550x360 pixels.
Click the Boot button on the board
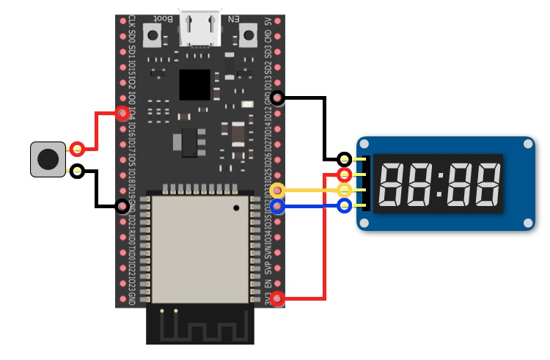pos(153,34)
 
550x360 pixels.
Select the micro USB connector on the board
pos(200,29)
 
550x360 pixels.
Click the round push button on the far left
pos(48,159)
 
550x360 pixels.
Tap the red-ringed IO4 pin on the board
pos(122,113)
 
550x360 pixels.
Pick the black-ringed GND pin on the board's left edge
pos(122,207)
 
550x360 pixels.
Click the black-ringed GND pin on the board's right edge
pos(277,98)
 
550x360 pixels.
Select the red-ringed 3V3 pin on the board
pos(277,298)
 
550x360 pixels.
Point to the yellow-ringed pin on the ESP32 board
pos(277,191)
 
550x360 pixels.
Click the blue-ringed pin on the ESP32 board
pos(277,207)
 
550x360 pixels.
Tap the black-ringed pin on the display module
pos(345,159)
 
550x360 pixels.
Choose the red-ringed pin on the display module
pos(345,175)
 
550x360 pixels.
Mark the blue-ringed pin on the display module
pos(345,206)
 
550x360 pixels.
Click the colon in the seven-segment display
pos(439,183)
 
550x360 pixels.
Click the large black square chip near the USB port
pos(194,85)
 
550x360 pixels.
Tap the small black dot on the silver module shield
pos(236,208)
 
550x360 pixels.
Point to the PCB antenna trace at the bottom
pos(200,323)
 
